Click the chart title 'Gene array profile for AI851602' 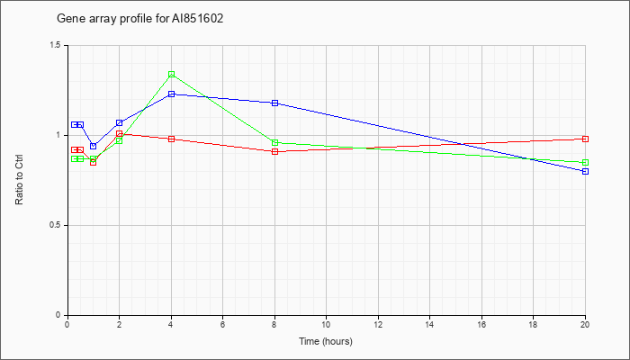(x=139, y=19)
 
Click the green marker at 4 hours (x=172, y=75)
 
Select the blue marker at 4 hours (x=172, y=94)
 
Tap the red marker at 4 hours (x=172, y=139)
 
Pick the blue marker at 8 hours (x=274, y=103)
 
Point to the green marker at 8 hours (x=274, y=142)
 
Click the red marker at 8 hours (x=274, y=151)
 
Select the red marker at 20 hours (x=585, y=139)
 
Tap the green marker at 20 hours (x=585, y=162)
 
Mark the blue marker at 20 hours (x=585, y=171)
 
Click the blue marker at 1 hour (x=94, y=146)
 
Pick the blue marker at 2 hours (x=120, y=122)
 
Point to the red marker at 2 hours (x=120, y=133)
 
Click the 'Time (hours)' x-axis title (x=326, y=341)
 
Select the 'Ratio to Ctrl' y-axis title (x=19, y=179)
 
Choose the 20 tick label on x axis (x=585, y=324)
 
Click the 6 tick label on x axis (x=222, y=324)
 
